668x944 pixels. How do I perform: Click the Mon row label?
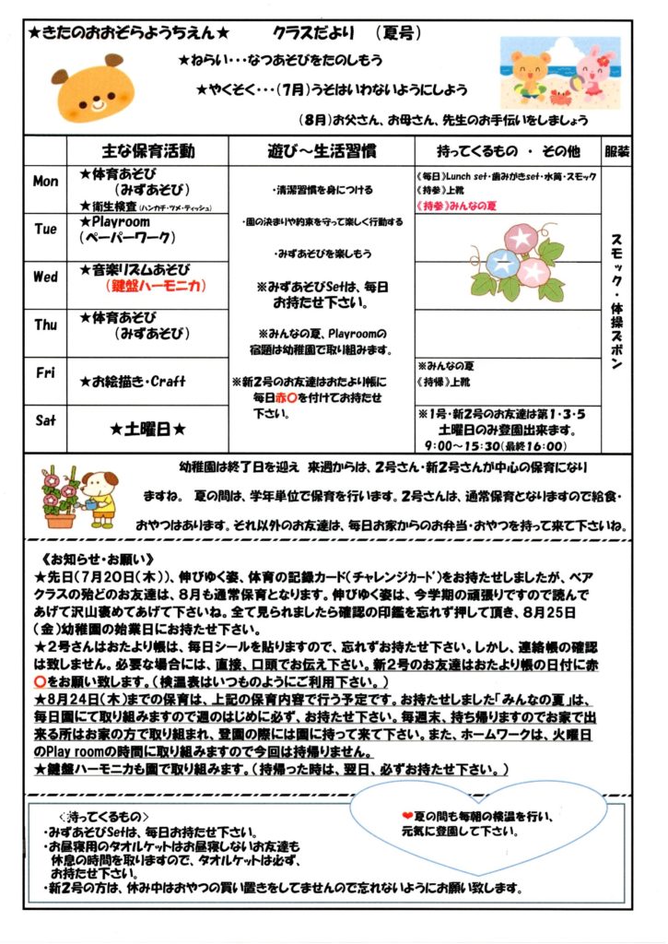tap(45, 182)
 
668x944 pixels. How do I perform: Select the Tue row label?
tap(45, 229)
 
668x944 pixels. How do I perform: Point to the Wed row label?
tap(45, 277)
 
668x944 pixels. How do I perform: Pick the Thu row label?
tap(45, 324)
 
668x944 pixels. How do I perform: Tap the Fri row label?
tap(45, 372)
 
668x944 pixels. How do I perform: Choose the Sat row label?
tap(45, 420)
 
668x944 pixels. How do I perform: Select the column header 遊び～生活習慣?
tap(320, 150)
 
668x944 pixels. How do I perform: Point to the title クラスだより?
tap(308, 33)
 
